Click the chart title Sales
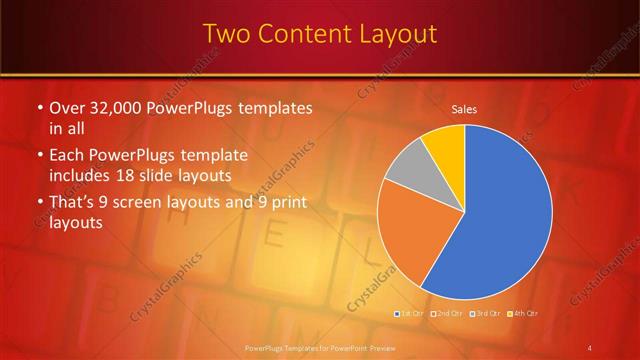coord(464,108)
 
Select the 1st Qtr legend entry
coord(410,314)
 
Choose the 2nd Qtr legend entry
coord(447,314)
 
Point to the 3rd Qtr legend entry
coord(484,314)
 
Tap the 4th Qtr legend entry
coord(521,314)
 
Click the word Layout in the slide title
coord(393,34)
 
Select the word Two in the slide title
coord(224,34)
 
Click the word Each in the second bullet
coord(67,156)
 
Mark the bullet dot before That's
coord(39,204)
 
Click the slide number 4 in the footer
coord(590,348)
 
